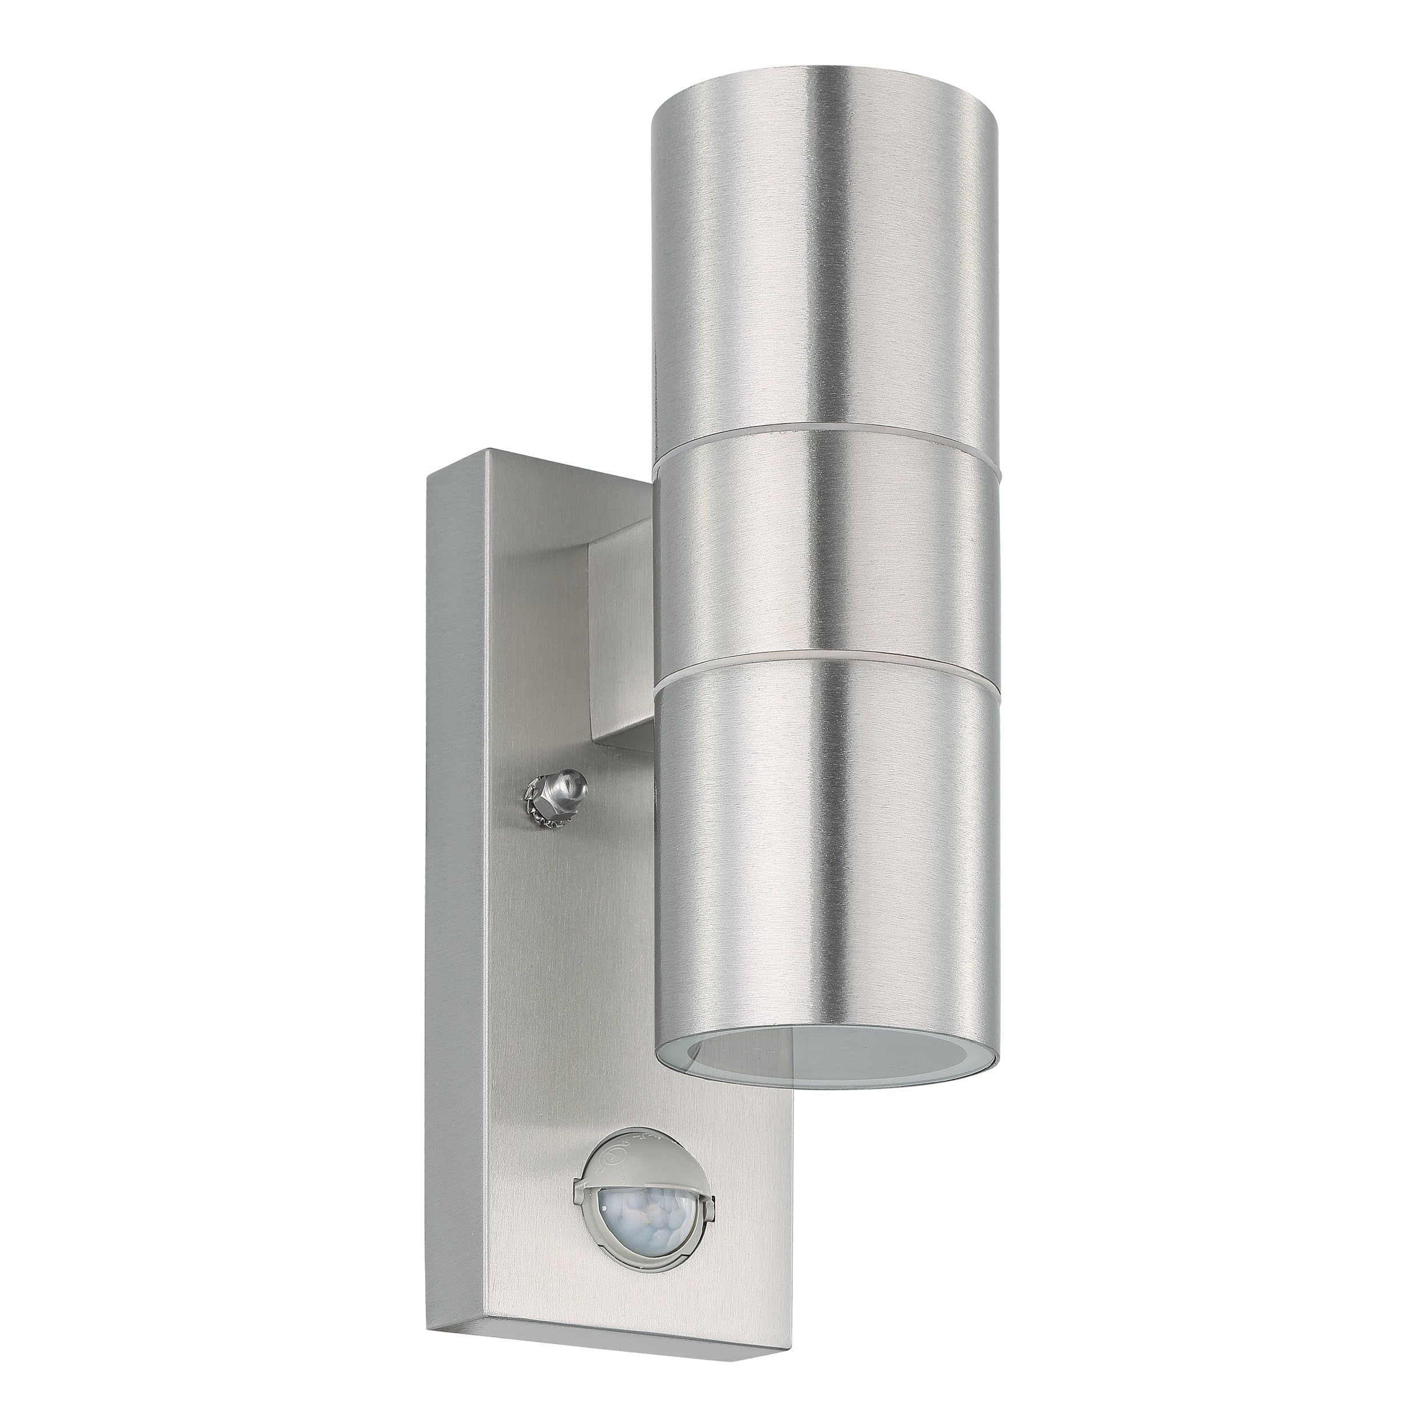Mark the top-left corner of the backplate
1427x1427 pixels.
430,480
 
